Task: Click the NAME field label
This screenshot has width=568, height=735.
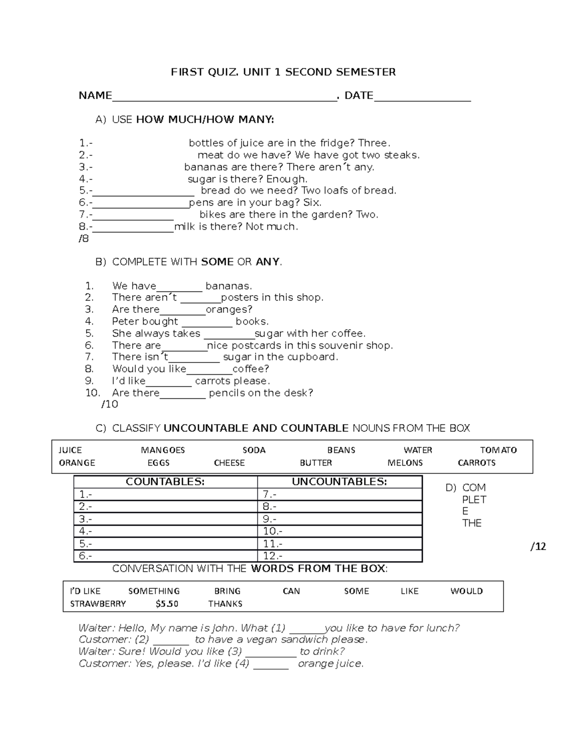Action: (95, 96)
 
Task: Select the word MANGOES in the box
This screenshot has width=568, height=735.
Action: (163, 450)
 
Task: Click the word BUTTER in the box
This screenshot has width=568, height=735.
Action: (316, 463)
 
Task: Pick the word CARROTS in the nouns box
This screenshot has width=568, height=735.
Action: (477, 463)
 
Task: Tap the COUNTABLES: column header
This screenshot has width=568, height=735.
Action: (165, 482)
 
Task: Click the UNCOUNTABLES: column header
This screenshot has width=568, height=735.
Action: (339, 482)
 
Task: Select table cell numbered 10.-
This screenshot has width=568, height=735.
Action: (340, 531)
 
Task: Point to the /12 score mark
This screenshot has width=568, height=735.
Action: (538, 547)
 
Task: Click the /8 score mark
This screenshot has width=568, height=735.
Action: (84, 239)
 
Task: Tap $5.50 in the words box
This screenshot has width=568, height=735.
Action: (167, 604)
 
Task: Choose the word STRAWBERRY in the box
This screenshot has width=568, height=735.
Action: (98, 604)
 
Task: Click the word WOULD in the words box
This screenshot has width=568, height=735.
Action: (466, 591)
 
